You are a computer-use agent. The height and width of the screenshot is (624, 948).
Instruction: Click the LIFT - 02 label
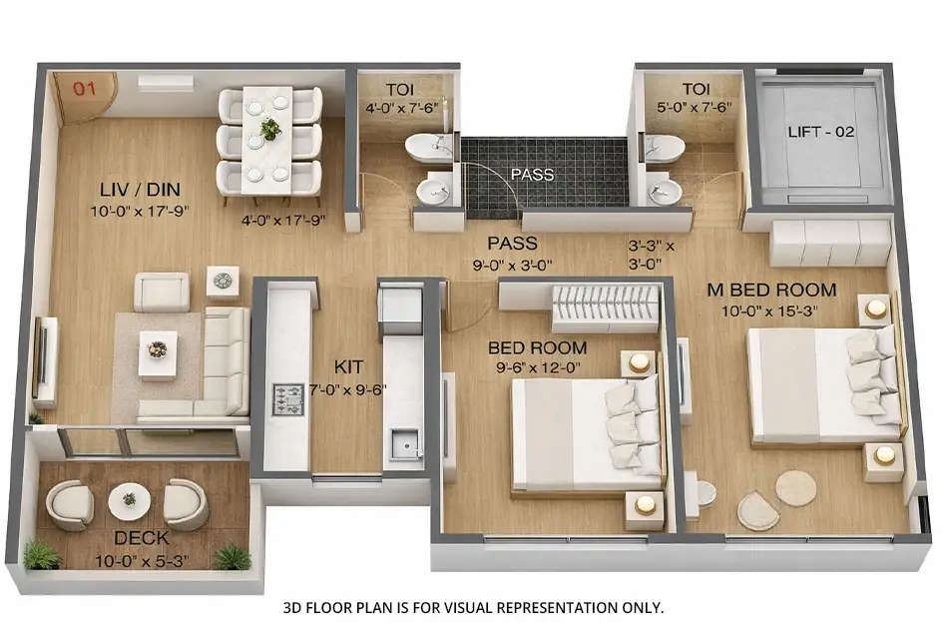pos(820,132)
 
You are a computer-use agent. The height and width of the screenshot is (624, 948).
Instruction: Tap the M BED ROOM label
pos(771,290)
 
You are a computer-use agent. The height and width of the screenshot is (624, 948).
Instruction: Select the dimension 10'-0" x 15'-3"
pos(769,310)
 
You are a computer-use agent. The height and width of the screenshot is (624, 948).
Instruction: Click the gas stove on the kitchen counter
pos(287,399)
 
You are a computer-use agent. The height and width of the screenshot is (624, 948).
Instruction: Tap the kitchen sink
pos(403,442)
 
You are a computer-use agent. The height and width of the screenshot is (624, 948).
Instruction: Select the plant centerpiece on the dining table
pos(270,129)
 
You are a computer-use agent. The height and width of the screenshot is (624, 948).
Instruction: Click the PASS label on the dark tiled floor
pos(531,175)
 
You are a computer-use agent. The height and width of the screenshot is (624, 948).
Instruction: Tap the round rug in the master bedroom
pos(795,487)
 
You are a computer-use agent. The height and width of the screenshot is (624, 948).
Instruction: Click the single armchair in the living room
pos(162,293)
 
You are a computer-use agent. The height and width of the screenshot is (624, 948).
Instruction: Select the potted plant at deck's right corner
pos(232,556)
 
